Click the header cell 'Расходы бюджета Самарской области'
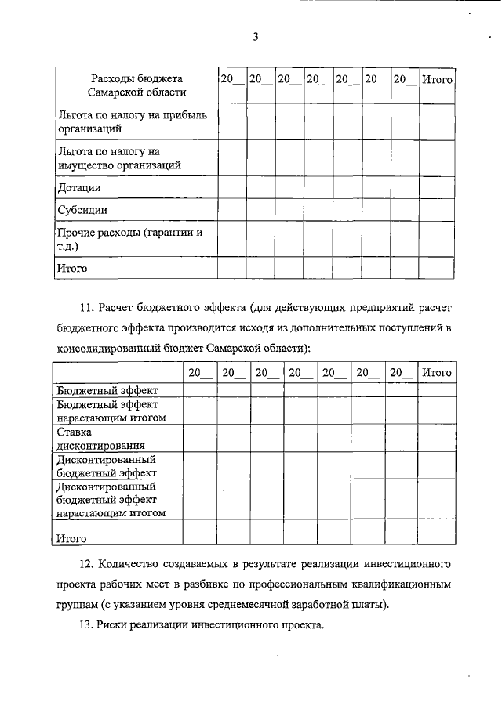136,85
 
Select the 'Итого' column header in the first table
437,79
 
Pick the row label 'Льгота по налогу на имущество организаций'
119,157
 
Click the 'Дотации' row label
79,188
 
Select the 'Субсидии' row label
82,210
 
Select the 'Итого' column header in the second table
436,373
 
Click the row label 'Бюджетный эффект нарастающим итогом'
111,411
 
